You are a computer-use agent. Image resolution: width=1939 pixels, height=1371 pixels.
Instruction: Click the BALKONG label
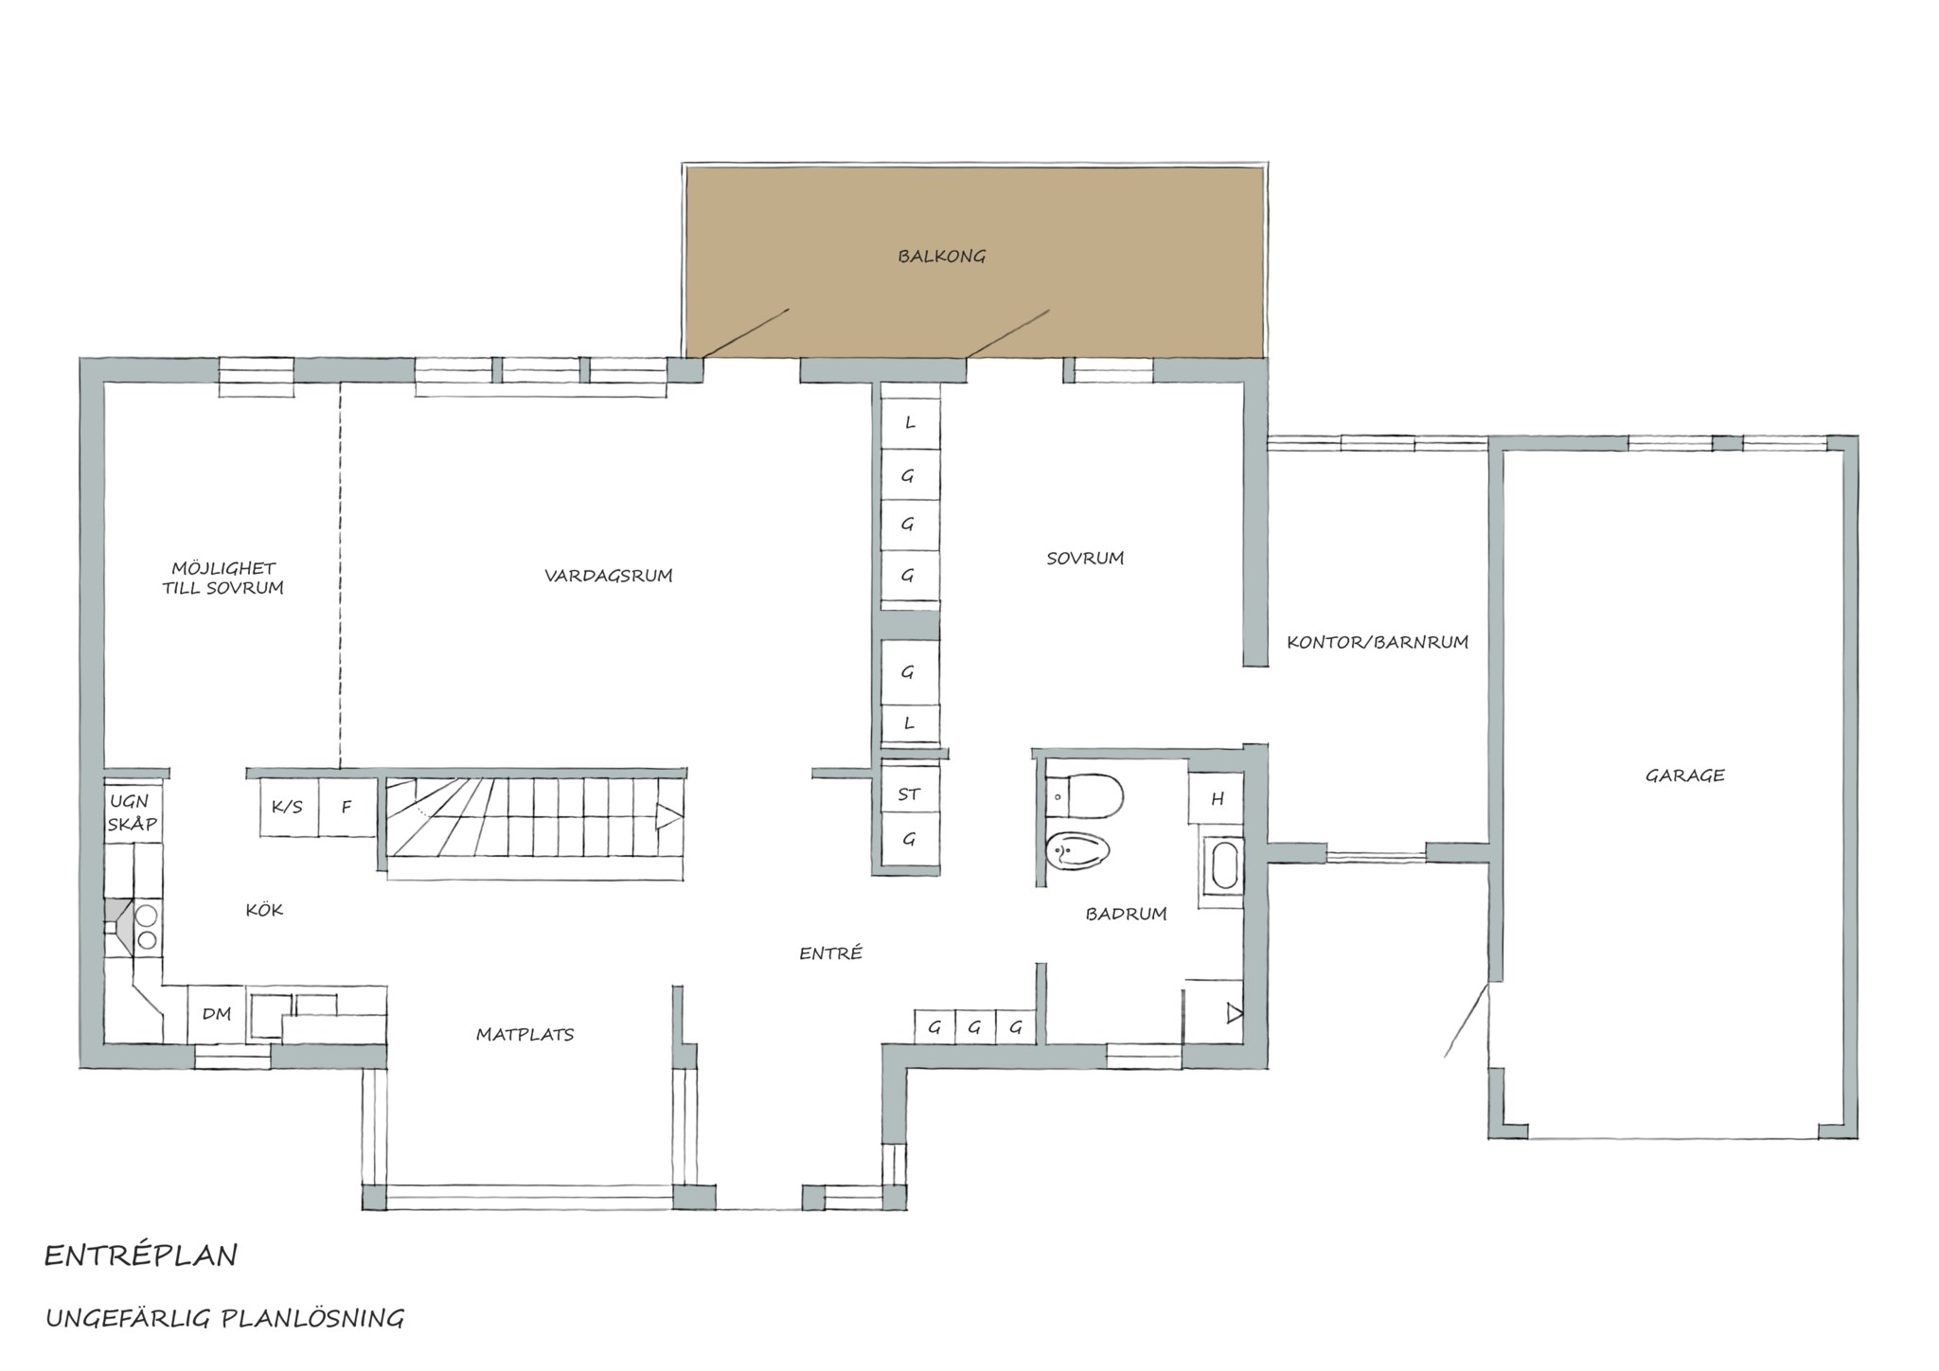tap(942, 256)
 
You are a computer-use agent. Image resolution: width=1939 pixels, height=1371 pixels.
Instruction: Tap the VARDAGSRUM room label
tap(609, 575)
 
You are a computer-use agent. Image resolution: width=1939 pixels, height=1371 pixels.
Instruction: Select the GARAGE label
tap(1685, 775)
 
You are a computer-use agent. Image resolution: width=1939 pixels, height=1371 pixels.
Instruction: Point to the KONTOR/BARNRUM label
tap(1378, 642)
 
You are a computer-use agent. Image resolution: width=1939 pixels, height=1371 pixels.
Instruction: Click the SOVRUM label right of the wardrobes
tap(1085, 559)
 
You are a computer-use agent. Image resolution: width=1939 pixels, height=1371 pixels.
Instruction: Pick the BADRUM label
tap(1126, 914)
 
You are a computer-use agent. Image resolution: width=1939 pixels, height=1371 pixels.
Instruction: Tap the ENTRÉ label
tap(830, 953)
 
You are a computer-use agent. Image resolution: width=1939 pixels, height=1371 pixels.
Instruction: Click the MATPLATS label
tap(525, 1035)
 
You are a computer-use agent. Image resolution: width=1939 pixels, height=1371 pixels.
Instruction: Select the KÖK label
tap(264, 910)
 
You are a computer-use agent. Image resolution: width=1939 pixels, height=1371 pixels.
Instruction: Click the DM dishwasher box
tap(217, 1014)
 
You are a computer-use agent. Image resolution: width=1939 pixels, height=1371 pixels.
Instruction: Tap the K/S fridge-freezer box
tap(289, 807)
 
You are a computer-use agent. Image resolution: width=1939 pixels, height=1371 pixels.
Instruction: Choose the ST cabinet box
tap(910, 793)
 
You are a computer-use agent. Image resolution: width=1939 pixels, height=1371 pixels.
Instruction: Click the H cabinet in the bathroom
tap(1217, 799)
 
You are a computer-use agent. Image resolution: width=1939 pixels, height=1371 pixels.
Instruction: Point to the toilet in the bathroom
tap(1086, 796)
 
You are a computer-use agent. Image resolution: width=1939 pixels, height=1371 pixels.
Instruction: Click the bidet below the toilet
tap(1078, 852)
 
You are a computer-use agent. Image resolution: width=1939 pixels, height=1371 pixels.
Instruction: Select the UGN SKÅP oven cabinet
tap(133, 811)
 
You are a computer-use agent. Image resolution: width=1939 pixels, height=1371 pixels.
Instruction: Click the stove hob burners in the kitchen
tap(147, 927)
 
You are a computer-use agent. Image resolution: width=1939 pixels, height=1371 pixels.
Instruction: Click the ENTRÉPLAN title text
tap(141, 1256)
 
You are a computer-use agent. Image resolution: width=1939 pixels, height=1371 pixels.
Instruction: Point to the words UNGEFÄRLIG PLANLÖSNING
tap(225, 1318)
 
